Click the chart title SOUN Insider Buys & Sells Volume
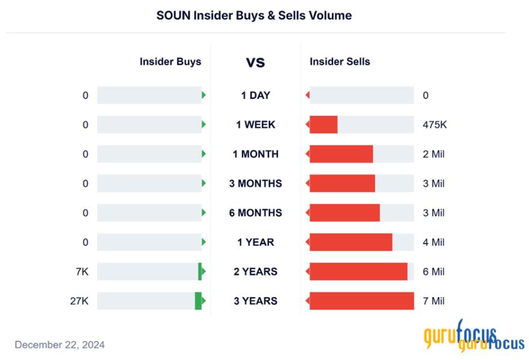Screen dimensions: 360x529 point(254,16)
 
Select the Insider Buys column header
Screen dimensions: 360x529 point(171,61)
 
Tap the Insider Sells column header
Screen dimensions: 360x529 point(340,61)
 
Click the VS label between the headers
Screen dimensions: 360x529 point(255,62)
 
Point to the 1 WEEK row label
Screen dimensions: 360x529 point(255,125)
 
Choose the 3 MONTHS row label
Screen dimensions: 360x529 point(255,184)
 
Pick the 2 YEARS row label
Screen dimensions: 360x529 point(255,272)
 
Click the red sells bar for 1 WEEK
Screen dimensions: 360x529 point(324,125)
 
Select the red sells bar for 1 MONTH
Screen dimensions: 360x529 point(341,154)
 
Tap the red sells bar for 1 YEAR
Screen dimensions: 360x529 point(351,242)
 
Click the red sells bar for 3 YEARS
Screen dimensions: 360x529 point(361,301)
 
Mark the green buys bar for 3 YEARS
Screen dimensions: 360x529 point(198,301)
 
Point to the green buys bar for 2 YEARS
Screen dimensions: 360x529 point(200,272)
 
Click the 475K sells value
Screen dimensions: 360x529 point(435,125)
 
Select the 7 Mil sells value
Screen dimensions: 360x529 point(434,301)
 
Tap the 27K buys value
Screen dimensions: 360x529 point(79,301)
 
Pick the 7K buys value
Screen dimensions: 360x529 point(82,272)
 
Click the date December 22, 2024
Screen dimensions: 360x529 point(59,344)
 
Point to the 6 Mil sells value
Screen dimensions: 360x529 point(434,272)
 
